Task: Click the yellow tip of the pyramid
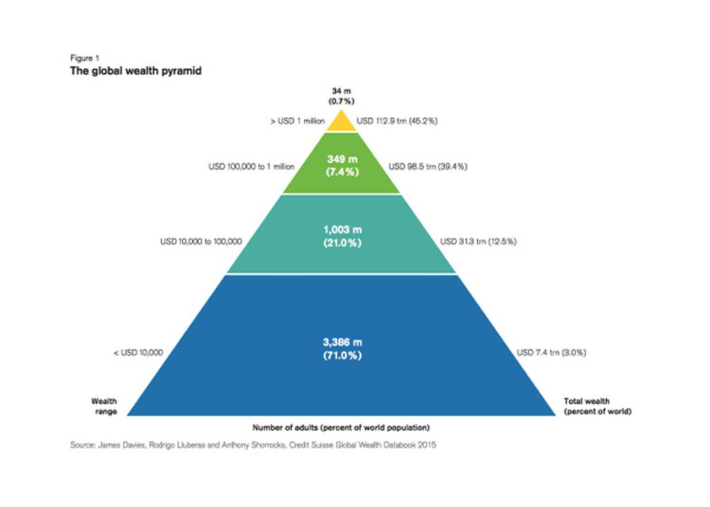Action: (342, 123)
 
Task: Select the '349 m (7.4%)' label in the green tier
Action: (343, 165)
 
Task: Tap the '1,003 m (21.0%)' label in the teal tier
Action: (343, 236)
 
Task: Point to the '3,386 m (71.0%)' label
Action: (343, 349)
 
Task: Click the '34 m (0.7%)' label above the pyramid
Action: (341, 97)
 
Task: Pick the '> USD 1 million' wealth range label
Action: (298, 121)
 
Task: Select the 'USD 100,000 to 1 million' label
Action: (251, 167)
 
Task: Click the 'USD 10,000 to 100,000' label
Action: (201, 242)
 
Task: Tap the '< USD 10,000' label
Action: (138, 352)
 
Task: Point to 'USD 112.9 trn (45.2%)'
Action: (397, 121)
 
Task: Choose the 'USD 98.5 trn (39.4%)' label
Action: (428, 167)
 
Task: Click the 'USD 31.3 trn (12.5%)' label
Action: (478, 242)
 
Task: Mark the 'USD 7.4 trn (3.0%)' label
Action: (551, 352)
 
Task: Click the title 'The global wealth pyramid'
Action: (135, 71)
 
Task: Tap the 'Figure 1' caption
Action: (85, 58)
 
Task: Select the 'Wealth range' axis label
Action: (105, 406)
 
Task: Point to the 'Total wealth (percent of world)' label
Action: (597, 406)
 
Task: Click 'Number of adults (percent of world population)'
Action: (341, 428)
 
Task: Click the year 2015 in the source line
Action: (427, 445)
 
